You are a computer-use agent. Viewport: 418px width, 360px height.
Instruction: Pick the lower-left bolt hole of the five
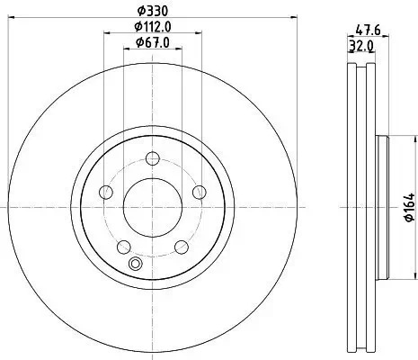[122, 246]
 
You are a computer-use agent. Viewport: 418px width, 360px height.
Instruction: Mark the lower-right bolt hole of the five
[181, 246]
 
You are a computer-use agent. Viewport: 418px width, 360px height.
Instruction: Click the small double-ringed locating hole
[137, 264]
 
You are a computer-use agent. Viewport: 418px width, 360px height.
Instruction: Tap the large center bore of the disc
[151, 205]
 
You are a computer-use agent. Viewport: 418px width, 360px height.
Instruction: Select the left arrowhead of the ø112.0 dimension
[104, 34]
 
